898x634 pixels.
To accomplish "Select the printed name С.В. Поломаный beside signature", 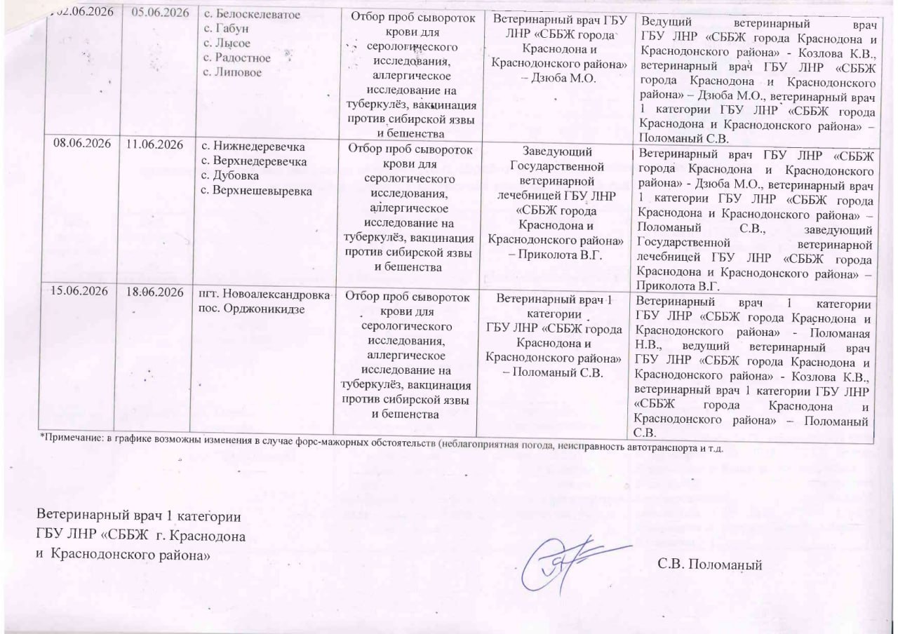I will (x=709, y=563).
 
